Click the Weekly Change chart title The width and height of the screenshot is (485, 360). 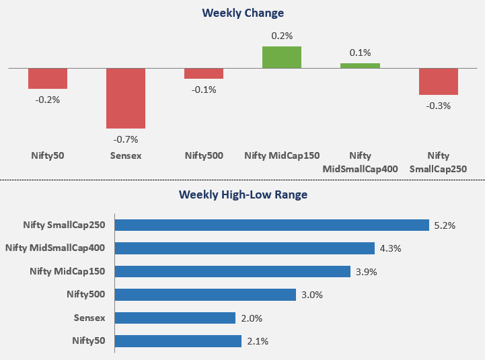(243, 13)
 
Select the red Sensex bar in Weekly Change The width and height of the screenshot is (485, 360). (126, 98)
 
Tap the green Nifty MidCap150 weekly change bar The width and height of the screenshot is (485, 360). (282, 57)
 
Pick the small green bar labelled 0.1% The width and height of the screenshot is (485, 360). (360, 66)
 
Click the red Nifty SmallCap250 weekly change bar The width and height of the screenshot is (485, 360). (439, 81)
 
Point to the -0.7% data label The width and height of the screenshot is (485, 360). (126, 139)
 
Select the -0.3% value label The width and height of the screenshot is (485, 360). (439, 106)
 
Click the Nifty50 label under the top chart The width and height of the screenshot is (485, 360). (48, 155)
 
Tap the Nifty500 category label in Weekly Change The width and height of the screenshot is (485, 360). (204, 155)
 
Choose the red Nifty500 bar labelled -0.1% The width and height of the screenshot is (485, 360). (204, 73)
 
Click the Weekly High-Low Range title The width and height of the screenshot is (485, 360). (243, 194)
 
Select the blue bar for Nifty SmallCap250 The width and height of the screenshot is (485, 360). (272, 225)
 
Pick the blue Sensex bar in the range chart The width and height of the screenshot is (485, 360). (175, 318)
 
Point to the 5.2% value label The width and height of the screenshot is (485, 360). (445, 225)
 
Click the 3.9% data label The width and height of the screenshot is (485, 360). (366, 272)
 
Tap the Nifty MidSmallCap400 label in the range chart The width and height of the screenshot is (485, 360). (55, 248)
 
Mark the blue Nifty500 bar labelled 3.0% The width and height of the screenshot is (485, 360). (205, 295)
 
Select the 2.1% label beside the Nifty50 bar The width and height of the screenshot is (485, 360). (258, 341)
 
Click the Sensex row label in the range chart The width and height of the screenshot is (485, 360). (89, 318)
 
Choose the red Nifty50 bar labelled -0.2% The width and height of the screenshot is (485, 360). (48, 79)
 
